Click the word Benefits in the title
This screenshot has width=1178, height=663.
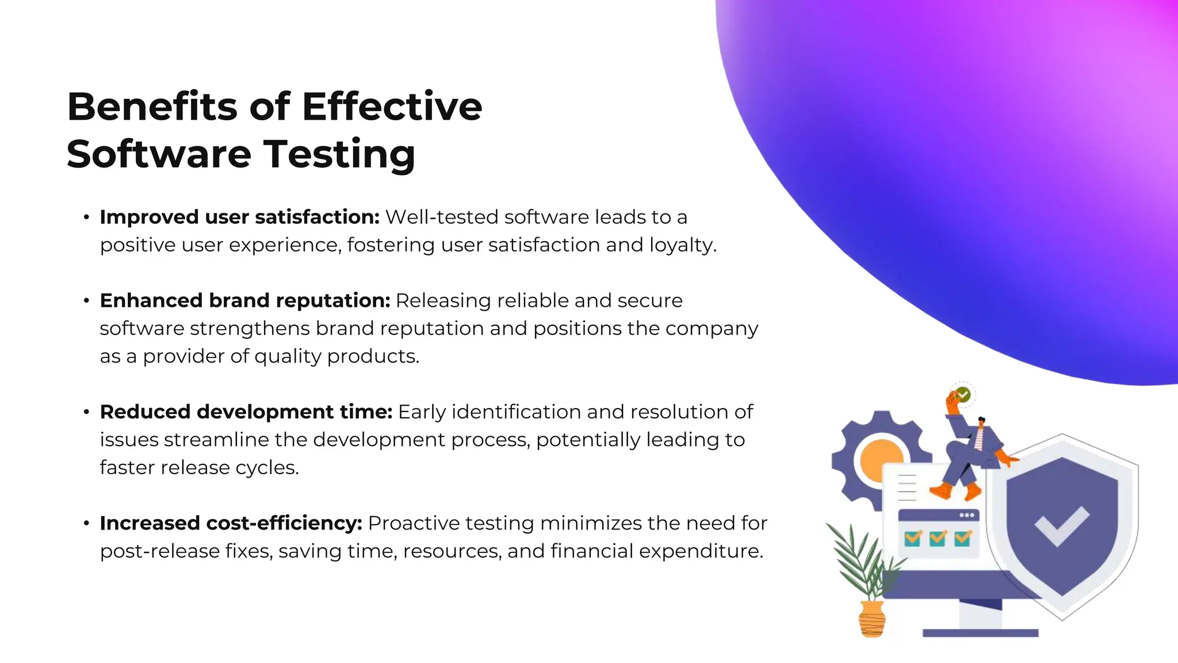click(x=152, y=107)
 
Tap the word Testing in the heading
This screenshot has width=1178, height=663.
click(x=339, y=154)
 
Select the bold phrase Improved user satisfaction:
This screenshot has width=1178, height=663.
click(x=239, y=217)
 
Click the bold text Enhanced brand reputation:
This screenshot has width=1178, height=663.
click(x=245, y=300)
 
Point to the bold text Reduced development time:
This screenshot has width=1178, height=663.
click(x=246, y=412)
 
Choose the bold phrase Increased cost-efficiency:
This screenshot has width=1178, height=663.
click(x=231, y=523)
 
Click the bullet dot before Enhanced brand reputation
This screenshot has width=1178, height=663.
click(x=86, y=301)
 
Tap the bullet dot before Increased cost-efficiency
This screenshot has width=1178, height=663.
click(x=86, y=524)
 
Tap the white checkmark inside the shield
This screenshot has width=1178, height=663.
click(x=1062, y=525)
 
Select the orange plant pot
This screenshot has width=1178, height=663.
click(x=872, y=619)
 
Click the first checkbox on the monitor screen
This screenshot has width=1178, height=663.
click(x=913, y=538)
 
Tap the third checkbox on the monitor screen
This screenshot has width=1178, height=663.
click(x=962, y=538)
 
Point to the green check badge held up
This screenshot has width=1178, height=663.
click(x=963, y=395)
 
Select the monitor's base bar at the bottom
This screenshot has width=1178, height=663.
click(x=980, y=633)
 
